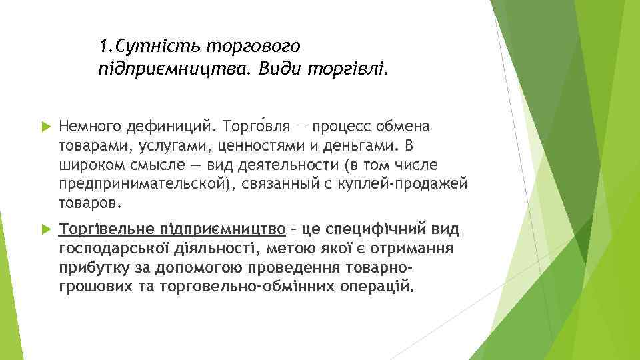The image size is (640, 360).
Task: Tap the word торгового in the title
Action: coord(254,47)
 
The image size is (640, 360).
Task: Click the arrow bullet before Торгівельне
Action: coord(46,230)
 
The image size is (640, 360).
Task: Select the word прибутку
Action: coord(87,268)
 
